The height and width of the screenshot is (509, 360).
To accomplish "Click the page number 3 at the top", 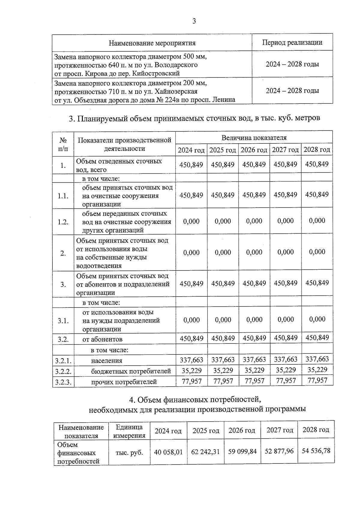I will coord(194,21).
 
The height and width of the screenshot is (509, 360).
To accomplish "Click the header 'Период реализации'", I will coord(292,42).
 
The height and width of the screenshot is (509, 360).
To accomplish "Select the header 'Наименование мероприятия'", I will coord(152,43).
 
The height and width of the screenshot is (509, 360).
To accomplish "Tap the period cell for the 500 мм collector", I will coord(292,64).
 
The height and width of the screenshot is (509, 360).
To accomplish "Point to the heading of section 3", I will coord(194,118).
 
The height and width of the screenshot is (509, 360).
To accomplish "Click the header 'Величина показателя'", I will coord(254,138).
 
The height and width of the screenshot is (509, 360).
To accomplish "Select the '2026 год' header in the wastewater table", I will coord(254,150).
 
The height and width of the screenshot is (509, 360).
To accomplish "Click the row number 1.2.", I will coord(63,222).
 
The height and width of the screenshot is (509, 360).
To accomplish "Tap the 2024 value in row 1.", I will coord(191,164).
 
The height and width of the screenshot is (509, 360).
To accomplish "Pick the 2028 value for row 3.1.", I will coord(317,319).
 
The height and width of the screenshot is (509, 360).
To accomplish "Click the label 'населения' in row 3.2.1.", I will coord(106,361).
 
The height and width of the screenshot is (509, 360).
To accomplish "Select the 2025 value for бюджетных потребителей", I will coord(223,370).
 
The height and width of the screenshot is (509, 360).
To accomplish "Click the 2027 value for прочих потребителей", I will coord(286,381).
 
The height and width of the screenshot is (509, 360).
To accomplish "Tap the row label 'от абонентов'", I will coord(102,339).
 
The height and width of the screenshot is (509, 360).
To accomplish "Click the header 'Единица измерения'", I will coord(129,431).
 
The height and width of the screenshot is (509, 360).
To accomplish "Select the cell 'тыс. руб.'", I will coord(129,452).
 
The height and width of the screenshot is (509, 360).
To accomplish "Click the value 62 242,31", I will coord(205,451).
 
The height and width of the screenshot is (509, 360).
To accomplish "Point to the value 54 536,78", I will coord(316,451).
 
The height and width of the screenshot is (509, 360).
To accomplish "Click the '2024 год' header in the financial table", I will coord(168,431).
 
